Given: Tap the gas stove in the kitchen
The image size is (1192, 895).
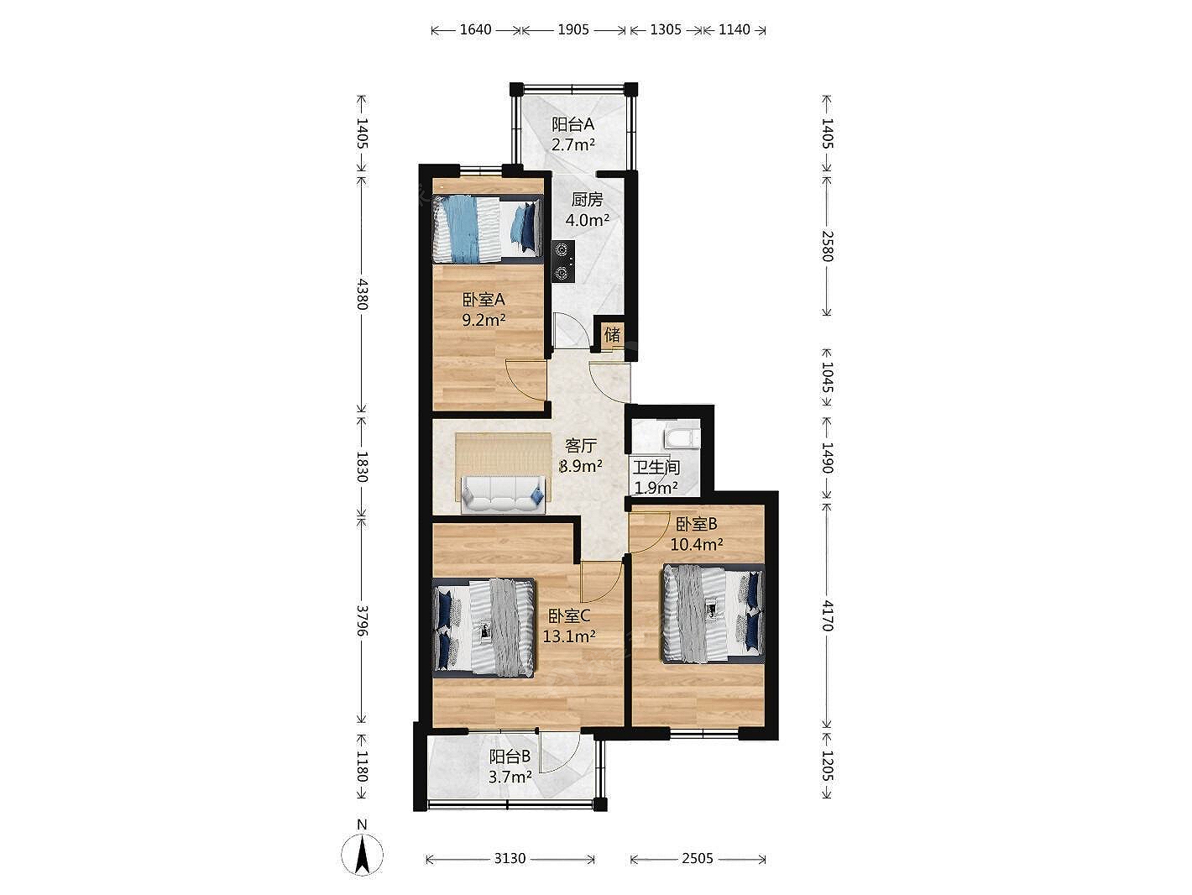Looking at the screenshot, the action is coord(563,262).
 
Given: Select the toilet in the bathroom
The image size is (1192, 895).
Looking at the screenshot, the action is coord(682,438).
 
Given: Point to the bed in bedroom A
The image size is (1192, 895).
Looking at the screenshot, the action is coord(488,229).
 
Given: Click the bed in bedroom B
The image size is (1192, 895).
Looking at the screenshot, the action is coord(713,614).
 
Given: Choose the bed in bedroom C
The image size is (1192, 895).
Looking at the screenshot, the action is coord(484,627).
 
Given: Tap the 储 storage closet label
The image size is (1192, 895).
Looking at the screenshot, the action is coord(612,334).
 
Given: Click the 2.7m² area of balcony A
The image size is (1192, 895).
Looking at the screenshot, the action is coord(573,145).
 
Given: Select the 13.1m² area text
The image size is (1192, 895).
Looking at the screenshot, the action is coord(569,636).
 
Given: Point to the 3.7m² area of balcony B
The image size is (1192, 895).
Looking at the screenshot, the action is coord(510,777).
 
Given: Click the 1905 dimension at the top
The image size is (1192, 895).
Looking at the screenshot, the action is coord(573,30).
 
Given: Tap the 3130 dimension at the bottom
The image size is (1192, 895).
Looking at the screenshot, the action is coord(510,858).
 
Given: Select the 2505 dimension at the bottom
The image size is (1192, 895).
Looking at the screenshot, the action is coord(698,858).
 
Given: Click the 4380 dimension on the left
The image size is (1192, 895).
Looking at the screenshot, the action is coord(362,294).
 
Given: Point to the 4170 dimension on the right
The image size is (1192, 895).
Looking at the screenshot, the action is coord(827,615).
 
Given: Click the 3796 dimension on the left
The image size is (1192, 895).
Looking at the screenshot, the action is coord(362,621).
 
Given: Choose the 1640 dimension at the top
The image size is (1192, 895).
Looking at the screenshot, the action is coord(476,30).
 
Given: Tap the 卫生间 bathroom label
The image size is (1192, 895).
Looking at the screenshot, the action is coord(656,467).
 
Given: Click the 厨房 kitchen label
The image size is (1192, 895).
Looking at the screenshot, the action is coord(587,200).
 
